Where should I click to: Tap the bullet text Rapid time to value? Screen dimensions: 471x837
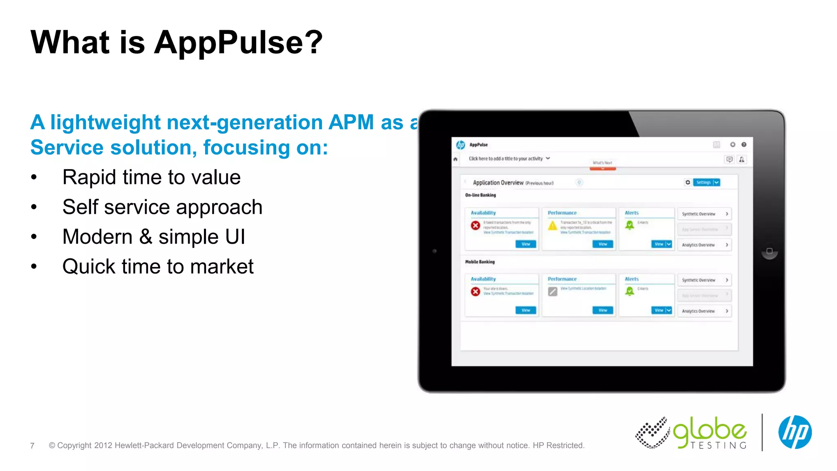pyautogui.click(x=151, y=177)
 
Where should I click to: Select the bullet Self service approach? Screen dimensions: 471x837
pyautogui.click(x=162, y=207)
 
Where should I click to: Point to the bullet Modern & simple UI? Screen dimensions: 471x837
pyautogui.click(x=154, y=237)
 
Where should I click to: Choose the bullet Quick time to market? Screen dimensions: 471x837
pyautogui.click(x=158, y=267)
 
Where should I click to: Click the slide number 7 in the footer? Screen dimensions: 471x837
pyautogui.click(x=32, y=446)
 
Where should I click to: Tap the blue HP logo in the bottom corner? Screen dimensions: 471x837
pyautogui.click(x=794, y=432)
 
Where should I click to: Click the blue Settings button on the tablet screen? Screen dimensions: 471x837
pyautogui.click(x=703, y=182)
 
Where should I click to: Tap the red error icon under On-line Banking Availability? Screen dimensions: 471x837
pyautogui.click(x=475, y=225)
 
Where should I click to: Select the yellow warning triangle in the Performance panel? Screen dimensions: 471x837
pyautogui.click(x=553, y=225)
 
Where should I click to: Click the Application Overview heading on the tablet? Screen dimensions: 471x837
pyautogui.click(x=498, y=183)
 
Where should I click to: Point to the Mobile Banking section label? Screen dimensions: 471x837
pyautogui.click(x=480, y=262)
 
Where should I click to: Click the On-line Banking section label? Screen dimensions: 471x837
pyautogui.click(x=480, y=195)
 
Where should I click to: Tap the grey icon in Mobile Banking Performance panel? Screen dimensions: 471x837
pyautogui.click(x=553, y=292)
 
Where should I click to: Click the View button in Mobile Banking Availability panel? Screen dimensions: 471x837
pyautogui.click(x=526, y=310)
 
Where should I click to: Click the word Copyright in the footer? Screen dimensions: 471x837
pyautogui.click(x=74, y=446)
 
